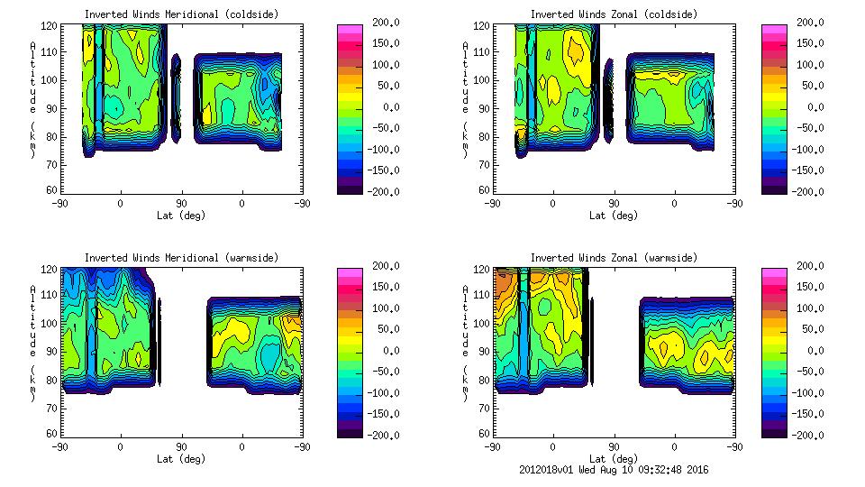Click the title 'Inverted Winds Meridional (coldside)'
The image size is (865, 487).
tap(181, 14)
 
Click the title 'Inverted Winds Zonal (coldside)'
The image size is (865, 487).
tap(614, 14)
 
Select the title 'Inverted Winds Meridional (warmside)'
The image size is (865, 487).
tap(181, 258)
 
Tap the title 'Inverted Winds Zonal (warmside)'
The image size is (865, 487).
tap(614, 258)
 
